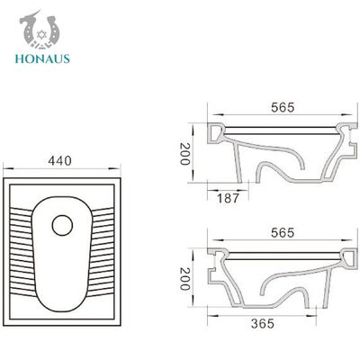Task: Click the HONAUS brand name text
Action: coord(42,58)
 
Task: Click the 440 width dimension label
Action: coord(60,161)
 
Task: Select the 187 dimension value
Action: coord(228,198)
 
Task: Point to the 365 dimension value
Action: coord(263,324)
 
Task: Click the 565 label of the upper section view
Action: coord(283,108)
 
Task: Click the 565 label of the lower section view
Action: coord(283,233)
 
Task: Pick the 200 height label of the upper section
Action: coord(184,154)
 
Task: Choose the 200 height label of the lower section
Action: coord(184,279)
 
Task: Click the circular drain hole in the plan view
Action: coord(62,225)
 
